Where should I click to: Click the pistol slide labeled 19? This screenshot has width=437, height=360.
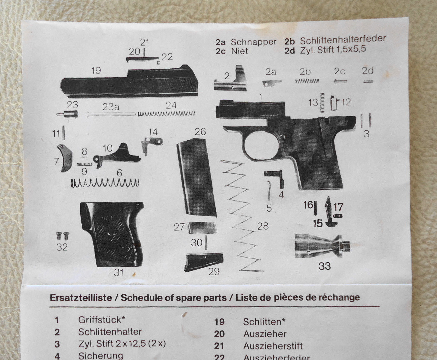point(130,83)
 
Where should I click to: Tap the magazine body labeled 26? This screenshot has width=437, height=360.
point(196,178)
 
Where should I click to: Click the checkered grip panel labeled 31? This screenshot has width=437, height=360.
point(112,234)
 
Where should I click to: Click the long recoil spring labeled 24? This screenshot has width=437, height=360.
point(166,114)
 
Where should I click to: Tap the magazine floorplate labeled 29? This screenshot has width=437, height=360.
point(203,262)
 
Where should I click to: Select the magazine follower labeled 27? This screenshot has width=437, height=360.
point(202,228)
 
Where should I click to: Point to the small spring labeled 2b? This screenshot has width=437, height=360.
point(307,81)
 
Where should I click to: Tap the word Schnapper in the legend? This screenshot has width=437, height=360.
point(253,42)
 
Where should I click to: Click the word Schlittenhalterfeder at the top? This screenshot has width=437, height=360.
point(343,40)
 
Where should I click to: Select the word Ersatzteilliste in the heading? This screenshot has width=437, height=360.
point(81,298)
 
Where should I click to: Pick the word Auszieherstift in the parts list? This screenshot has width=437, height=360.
point(273,346)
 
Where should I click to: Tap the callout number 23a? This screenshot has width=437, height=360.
point(111,107)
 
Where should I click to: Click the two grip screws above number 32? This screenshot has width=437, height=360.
point(63,236)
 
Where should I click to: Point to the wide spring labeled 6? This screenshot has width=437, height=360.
point(105,183)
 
